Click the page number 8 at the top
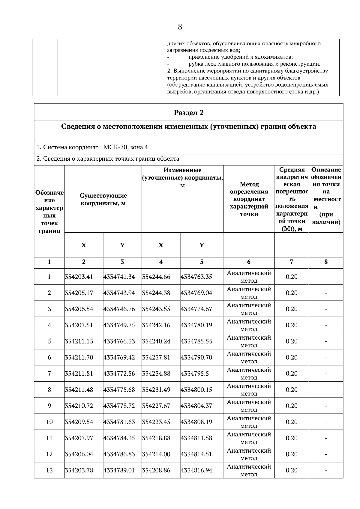[180, 27]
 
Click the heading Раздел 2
[188, 113]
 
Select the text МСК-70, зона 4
[125, 147]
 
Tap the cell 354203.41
[79, 277]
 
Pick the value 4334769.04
[196, 293]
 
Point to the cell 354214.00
[156, 454]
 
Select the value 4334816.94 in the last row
[196, 470]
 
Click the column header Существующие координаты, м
[103, 199]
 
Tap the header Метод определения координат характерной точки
[249, 199]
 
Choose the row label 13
[49, 470]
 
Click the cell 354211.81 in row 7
[79, 374]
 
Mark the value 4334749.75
[119, 325]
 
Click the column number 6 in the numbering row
[249, 262]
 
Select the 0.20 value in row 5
[291, 341]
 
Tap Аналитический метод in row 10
[249, 422]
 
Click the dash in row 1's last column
[326, 277]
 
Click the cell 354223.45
[156, 422]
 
